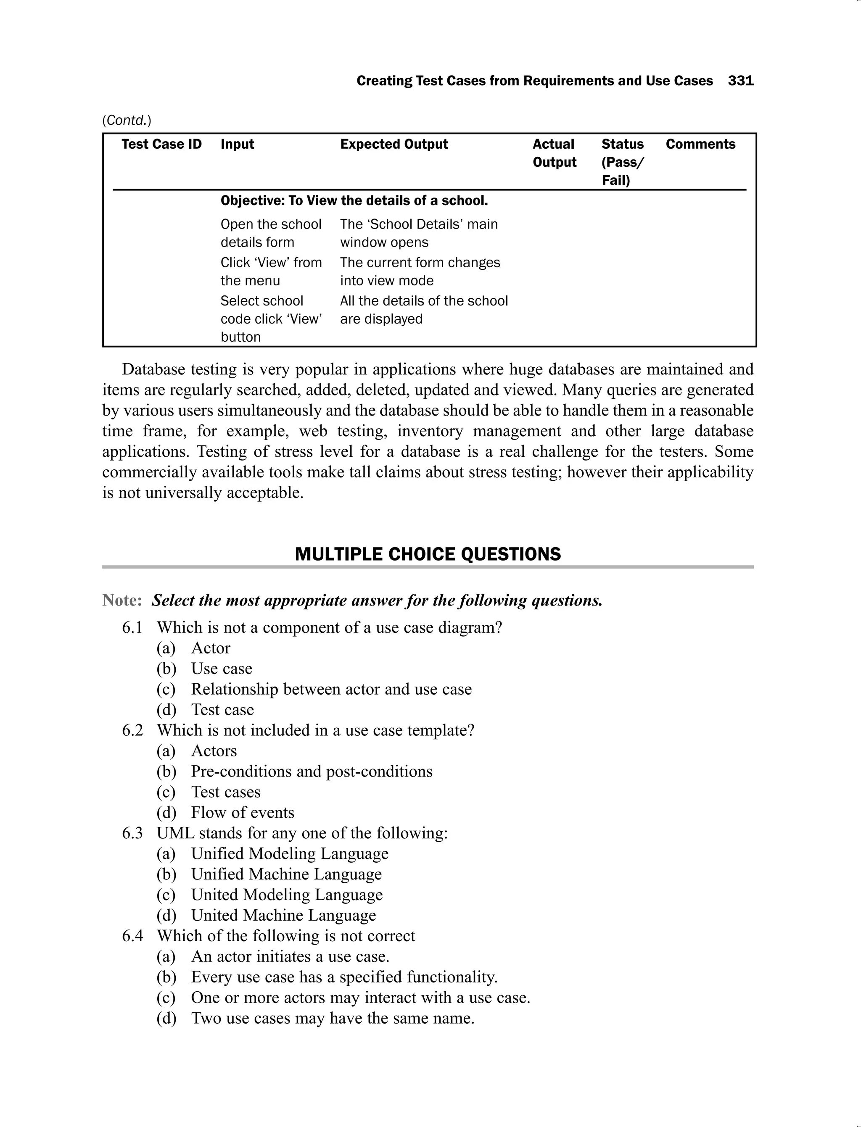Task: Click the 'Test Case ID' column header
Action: (161, 144)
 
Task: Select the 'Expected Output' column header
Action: (394, 144)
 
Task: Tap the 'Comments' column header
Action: (700, 144)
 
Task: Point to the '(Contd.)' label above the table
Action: (127, 120)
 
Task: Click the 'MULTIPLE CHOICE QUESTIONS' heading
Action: (428, 554)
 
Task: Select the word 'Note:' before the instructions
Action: (122, 600)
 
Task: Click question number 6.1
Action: (132, 627)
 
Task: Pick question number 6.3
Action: (132, 833)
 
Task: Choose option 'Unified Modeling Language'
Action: (290, 853)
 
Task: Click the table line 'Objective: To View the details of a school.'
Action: (354, 200)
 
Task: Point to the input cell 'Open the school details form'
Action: (271, 233)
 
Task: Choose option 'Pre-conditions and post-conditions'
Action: (312, 772)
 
